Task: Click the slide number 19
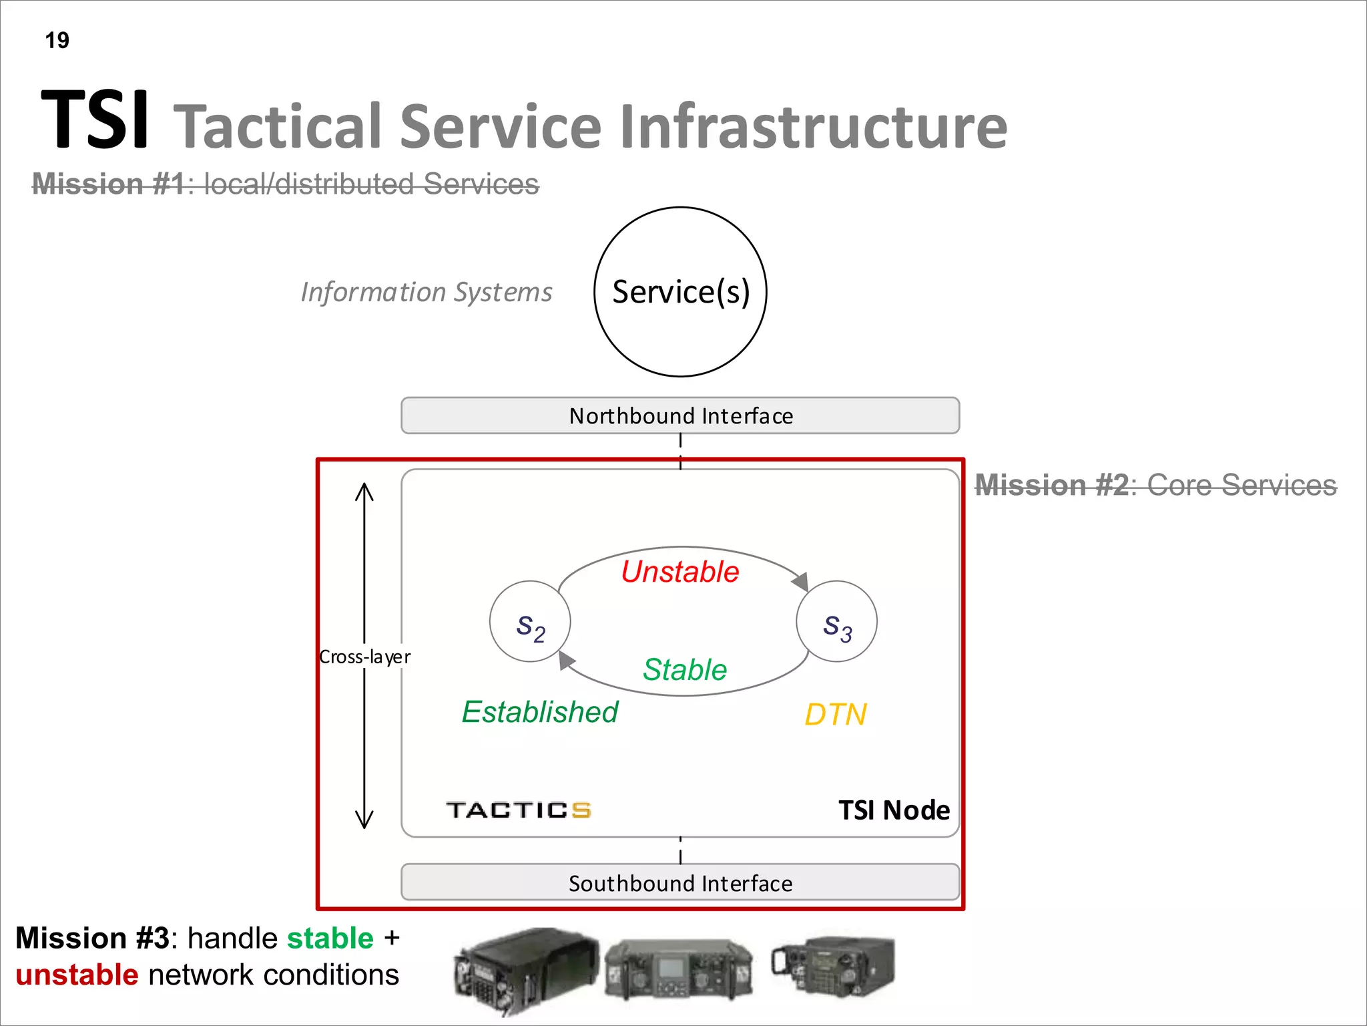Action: pos(57,41)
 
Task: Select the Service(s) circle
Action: pos(680,292)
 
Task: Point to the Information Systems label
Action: pos(427,292)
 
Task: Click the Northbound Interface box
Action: pos(680,415)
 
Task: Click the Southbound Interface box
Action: pos(680,883)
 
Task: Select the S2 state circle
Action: pos(530,622)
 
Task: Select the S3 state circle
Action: pos(836,622)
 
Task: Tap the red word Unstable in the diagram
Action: pos(680,572)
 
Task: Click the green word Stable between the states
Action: pos(685,669)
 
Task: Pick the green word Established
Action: pos(540,712)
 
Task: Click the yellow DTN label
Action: pos(835,715)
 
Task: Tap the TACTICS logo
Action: pos(519,810)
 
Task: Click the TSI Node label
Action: pos(894,810)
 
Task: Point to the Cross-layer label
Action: pos(364,657)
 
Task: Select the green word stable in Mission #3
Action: pos(330,938)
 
